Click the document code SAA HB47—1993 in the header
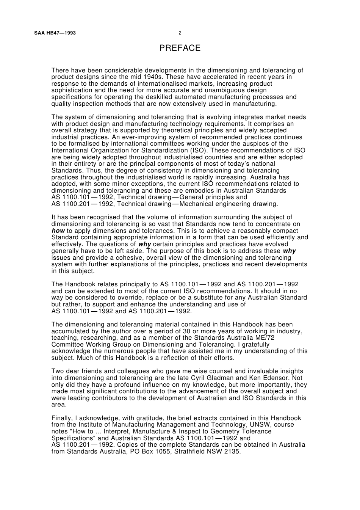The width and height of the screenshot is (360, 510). (55, 33)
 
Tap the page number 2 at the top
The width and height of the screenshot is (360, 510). (180, 33)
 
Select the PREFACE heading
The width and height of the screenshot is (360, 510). (180, 48)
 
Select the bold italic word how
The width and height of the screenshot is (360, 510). (58, 231)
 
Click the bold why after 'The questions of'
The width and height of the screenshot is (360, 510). (144, 244)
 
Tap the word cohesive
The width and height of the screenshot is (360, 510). (113, 258)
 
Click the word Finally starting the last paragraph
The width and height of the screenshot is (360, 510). (62, 418)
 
